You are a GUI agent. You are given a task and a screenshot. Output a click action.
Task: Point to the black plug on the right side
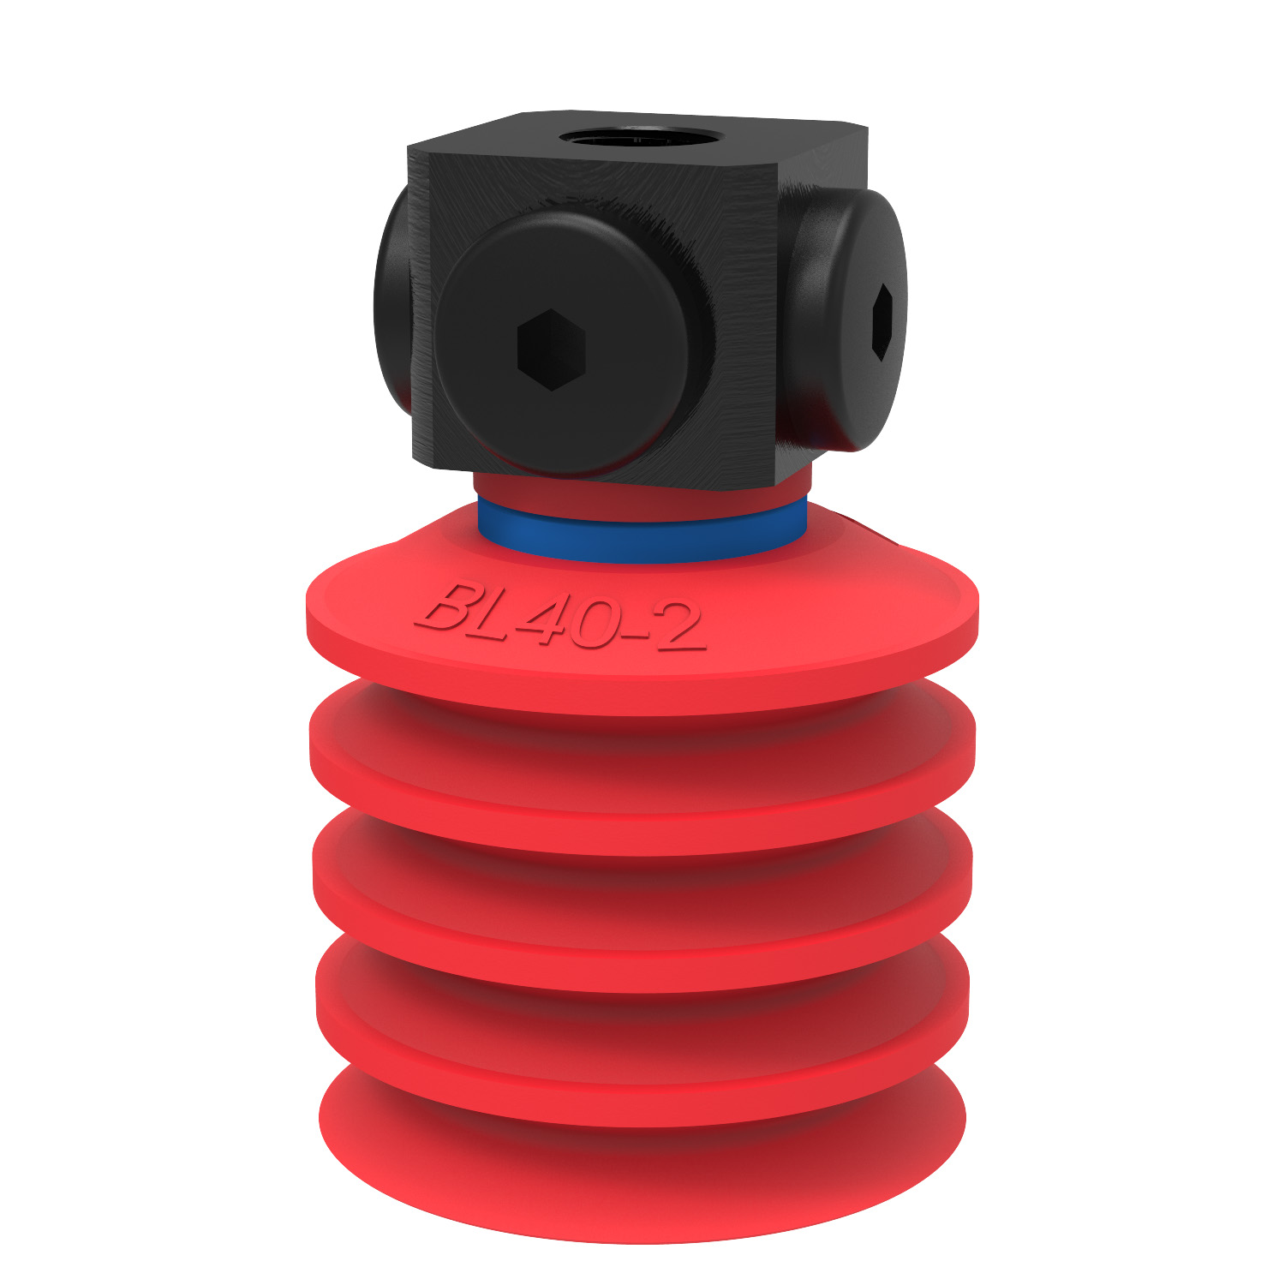point(848,321)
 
